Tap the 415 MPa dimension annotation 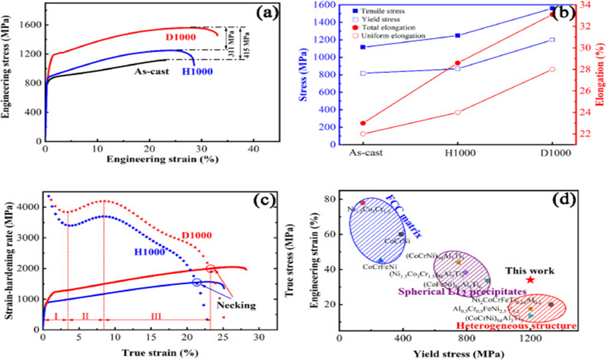[244, 43]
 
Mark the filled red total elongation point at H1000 [458, 63]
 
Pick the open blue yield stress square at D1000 [552, 39]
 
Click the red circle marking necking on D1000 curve [210, 270]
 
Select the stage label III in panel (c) [156, 317]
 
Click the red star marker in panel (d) [531, 280]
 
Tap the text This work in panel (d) [531, 270]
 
